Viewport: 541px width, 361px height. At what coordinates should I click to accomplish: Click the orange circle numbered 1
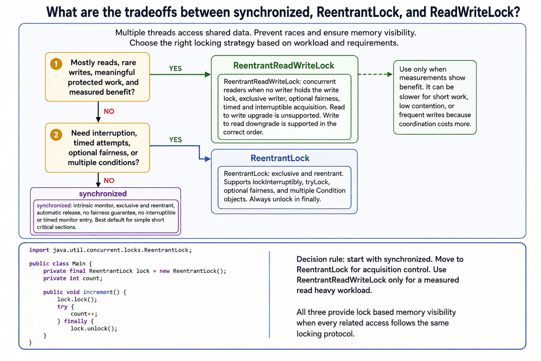[x=56, y=64]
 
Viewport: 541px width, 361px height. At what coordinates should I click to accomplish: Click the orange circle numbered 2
[x=56, y=134]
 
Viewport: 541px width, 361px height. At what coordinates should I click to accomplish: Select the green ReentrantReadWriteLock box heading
[x=284, y=66]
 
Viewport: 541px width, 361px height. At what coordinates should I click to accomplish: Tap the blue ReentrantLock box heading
[x=280, y=158]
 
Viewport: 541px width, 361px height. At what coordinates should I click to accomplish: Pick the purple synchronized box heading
[x=103, y=194]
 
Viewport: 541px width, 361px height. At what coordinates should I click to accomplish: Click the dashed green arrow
[x=375, y=74]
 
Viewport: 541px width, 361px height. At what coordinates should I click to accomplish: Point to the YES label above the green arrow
[x=175, y=68]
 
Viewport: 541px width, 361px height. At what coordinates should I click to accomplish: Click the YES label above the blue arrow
[x=175, y=140]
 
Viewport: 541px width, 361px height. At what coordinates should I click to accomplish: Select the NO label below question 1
[x=109, y=111]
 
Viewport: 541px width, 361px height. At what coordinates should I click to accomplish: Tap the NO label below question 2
[x=109, y=180]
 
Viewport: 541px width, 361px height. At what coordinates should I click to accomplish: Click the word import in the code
[x=39, y=250]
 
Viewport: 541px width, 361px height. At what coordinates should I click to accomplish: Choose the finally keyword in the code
[x=75, y=321]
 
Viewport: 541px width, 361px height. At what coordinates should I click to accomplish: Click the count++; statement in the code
[x=84, y=314]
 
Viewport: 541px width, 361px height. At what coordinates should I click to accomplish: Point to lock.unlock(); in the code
[x=94, y=328]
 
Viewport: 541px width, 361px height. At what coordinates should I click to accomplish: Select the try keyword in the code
[x=62, y=307]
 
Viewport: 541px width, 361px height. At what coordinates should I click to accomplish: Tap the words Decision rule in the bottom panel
[x=320, y=259]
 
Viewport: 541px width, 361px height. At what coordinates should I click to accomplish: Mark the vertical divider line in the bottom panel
[x=269, y=294]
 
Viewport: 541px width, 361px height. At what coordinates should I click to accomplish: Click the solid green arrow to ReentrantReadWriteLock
[x=180, y=74]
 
